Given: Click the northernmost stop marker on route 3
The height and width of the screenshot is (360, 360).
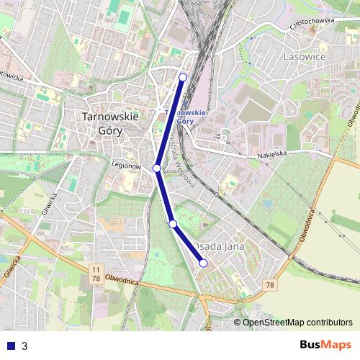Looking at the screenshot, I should [183, 77].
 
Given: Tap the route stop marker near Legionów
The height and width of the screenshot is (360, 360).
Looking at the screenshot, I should [156, 168].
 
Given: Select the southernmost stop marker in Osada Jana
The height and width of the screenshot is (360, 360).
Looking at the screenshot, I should [203, 264].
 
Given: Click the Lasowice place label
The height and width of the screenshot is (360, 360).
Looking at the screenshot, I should [305, 56].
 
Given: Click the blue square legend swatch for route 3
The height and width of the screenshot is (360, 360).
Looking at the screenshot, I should [9, 346].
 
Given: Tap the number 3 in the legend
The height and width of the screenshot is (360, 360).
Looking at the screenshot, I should [24, 346].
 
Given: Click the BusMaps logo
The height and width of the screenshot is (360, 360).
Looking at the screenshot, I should [325, 345].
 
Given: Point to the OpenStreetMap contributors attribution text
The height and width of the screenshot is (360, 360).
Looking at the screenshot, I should [297, 323].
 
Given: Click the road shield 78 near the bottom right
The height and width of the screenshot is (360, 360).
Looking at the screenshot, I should [270, 286].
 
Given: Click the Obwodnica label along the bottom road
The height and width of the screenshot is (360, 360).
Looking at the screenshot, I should [121, 279].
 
